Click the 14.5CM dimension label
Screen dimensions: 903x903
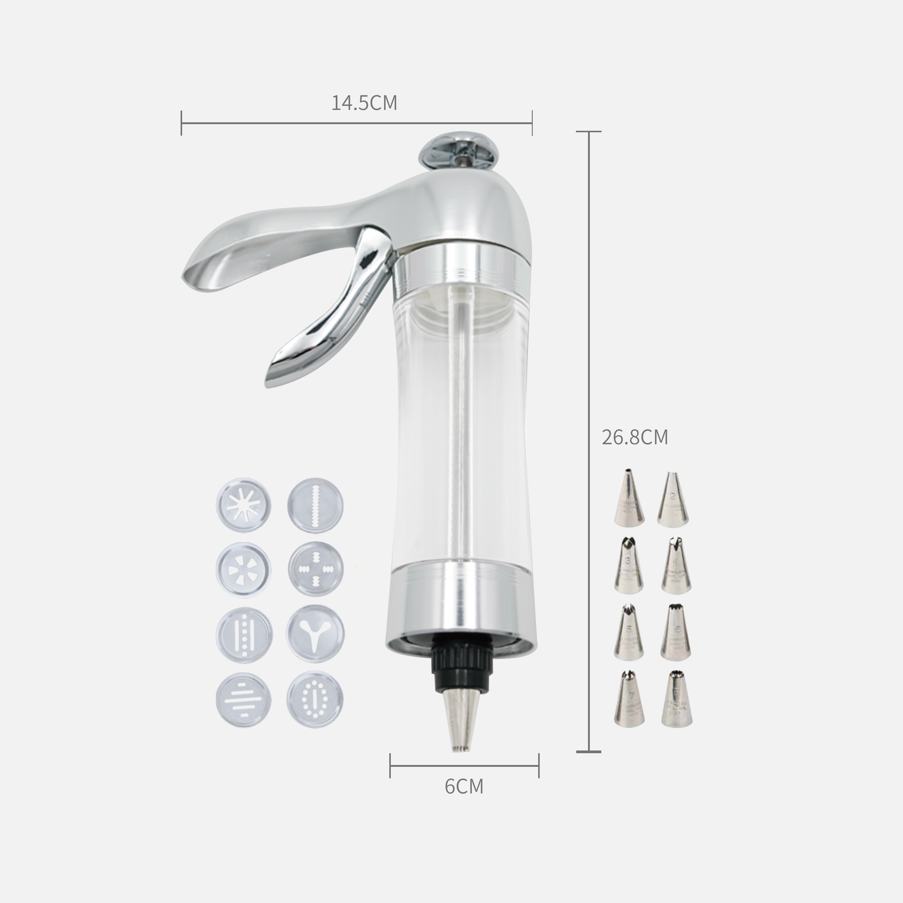364,103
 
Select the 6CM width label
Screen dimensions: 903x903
464,787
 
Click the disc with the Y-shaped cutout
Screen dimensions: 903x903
315,634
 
